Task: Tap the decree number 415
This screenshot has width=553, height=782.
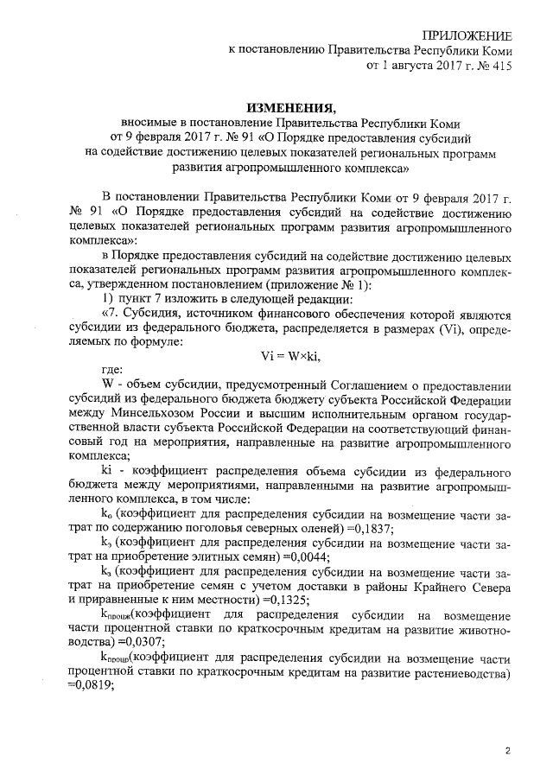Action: pos(500,65)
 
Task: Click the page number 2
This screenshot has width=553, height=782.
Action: pos(509,749)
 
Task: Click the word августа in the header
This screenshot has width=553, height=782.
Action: pos(410,65)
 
